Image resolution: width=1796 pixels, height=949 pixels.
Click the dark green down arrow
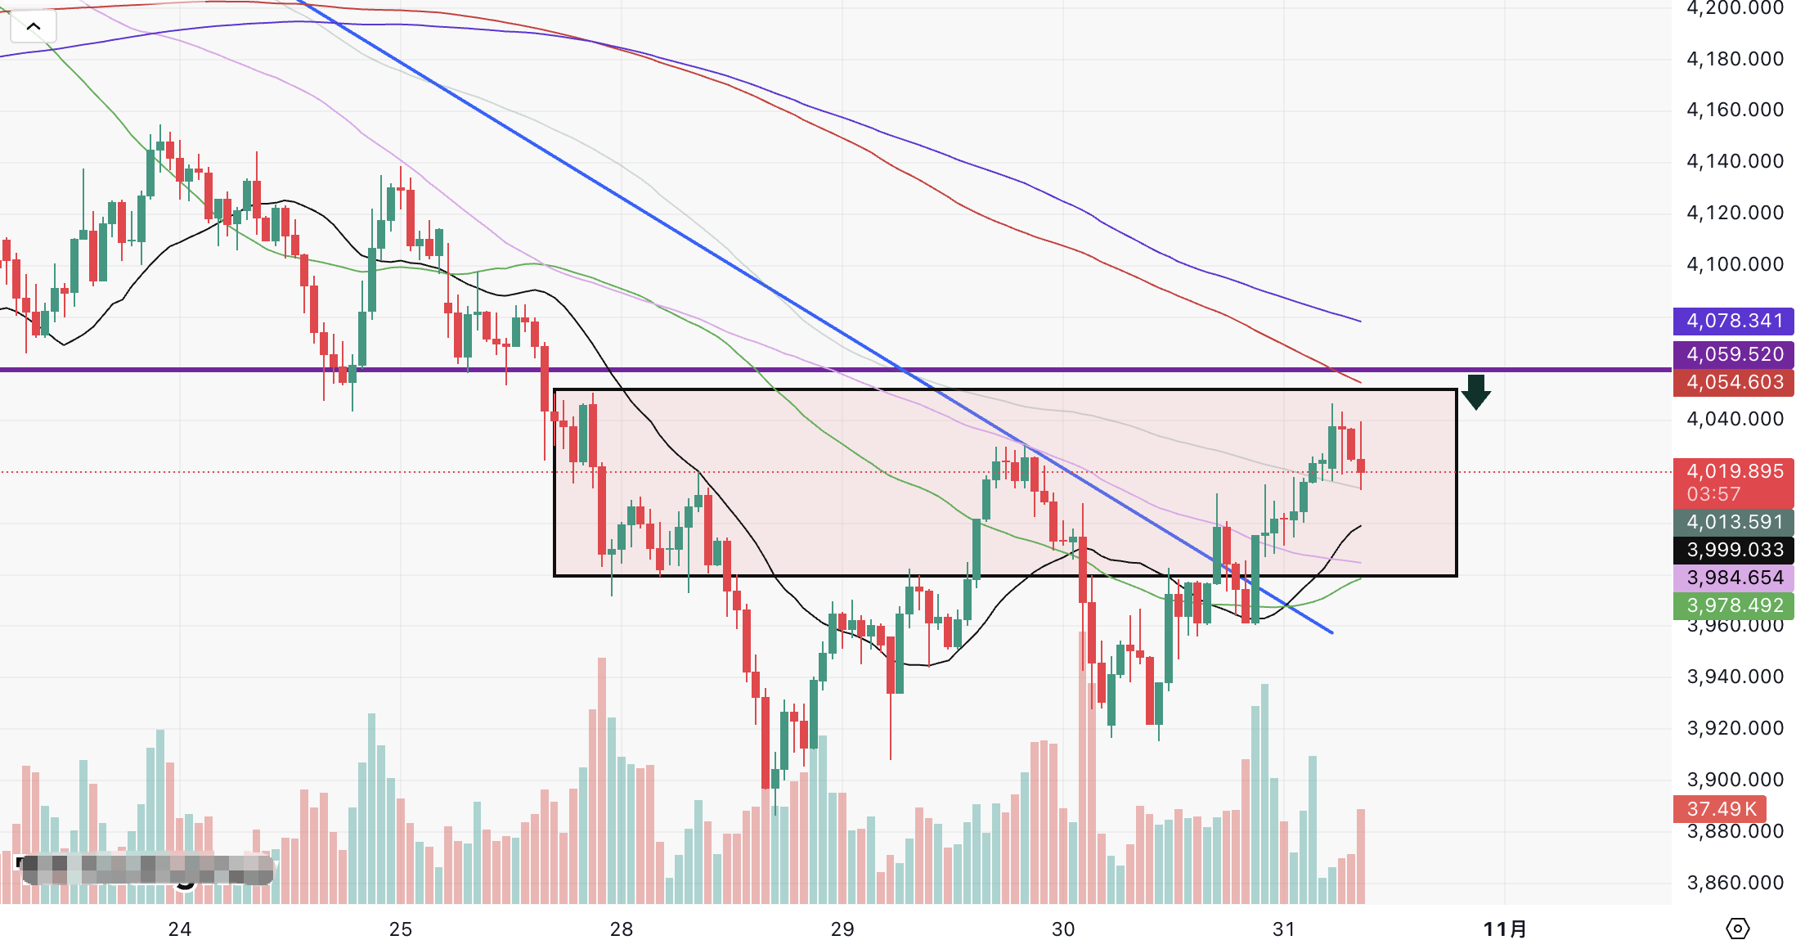pyautogui.click(x=1475, y=393)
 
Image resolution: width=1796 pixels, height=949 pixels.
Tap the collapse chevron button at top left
pyautogui.click(x=34, y=26)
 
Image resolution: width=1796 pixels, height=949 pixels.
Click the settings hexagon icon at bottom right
pyautogui.click(x=1737, y=929)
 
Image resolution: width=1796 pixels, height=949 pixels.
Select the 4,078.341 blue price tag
pyautogui.click(x=1733, y=321)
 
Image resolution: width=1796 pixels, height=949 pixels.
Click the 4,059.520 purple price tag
pyautogui.click(x=1733, y=354)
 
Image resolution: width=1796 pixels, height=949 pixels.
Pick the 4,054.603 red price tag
pyautogui.click(x=1733, y=382)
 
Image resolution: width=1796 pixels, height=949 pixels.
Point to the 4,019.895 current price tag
pyautogui.click(x=1733, y=471)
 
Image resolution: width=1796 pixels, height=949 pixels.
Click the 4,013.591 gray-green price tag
pyautogui.click(x=1733, y=522)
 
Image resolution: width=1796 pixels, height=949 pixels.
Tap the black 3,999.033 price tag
pyautogui.click(x=1733, y=550)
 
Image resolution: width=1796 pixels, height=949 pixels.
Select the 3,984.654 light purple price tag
pyautogui.click(x=1733, y=578)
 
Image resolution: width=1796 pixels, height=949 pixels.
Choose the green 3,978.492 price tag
pyautogui.click(x=1733, y=605)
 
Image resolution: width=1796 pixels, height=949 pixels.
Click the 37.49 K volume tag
pyautogui.click(x=1720, y=809)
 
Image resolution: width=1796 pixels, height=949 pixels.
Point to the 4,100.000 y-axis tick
pyautogui.click(x=1735, y=264)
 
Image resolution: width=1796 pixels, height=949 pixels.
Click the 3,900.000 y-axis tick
pyautogui.click(x=1735, y=780)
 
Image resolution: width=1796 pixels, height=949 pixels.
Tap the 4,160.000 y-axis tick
pyautogui.click(x=1735, y=110)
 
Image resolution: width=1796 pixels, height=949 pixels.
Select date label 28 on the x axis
pyautogui.click(x=622, y=929)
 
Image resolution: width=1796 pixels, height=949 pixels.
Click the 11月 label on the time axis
pyautogui.click(x=1505, y=929)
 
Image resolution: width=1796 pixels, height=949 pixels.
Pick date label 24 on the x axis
pyautogui.click(x=180, y=929)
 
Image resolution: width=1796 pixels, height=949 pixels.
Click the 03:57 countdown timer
pyautogui.click(x=1713, y=494)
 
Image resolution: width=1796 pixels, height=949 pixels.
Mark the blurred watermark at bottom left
pyautogui.click(x=146, y=870)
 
